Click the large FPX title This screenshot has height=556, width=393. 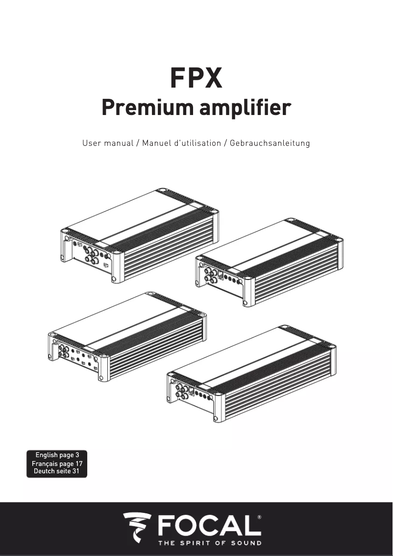coord(196,78)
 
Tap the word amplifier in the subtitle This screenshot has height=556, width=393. coord(245,108)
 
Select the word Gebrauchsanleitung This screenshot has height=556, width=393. coord(270,143)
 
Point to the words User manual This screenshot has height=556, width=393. coord(108,143)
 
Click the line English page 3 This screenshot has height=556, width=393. coord(57,455)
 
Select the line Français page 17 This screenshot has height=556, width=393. coord(57,463)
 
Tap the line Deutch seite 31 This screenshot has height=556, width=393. coord(56,471)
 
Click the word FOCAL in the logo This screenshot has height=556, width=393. coord(210,525)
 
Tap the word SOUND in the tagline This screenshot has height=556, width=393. coord(246,543)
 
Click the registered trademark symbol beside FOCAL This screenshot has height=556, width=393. coord(259,517)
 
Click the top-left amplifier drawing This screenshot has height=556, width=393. coord(140,235)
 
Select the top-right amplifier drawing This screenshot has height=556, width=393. coord(269,262)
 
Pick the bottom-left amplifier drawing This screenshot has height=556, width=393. coord(127,337)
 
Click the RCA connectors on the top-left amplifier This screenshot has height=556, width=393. coord(91,256)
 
